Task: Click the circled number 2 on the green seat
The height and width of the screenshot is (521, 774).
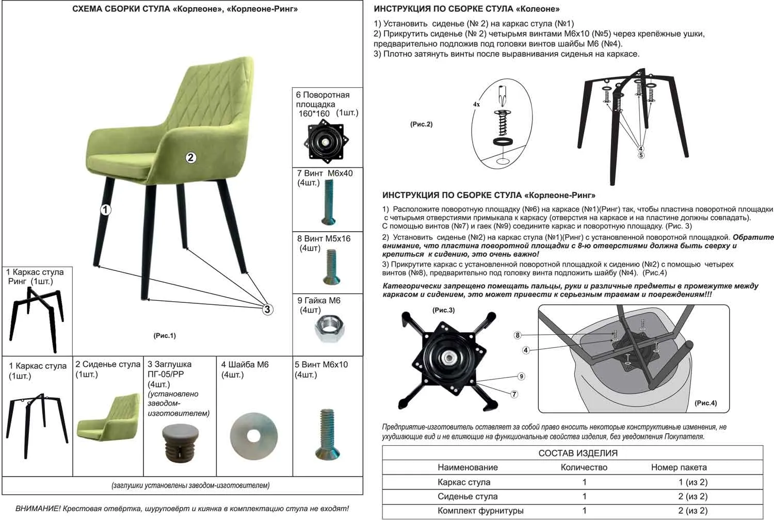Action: click(x=191, y=157)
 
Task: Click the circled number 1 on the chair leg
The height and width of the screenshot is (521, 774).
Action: click(x=105, y=209)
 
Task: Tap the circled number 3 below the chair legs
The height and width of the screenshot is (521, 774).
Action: click(x=267, y=310)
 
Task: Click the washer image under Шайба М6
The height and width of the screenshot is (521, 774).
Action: click(x=253, y=435)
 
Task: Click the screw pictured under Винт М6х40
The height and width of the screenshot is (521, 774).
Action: click(x=329, y=202)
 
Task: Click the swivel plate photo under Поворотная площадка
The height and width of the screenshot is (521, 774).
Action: click(x=325, y=140)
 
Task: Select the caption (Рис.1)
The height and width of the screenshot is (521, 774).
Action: click(x=165, y=336)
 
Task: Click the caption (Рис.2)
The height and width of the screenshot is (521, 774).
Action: click(x=421, y=124)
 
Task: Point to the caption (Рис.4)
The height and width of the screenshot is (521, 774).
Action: click(x=705, y=403)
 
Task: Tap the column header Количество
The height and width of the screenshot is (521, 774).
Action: click(x=584, y=467)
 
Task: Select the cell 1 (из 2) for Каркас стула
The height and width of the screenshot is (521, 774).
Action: click(x=692, y=482)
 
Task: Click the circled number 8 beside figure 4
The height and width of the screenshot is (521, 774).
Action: click(x=518, y=335)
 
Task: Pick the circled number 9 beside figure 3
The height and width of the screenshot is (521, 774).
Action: click(x=521, y=377)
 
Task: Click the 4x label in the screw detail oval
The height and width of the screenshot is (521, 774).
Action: click(x=476, y=104)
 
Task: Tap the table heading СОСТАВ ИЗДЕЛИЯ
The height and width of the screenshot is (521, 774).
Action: click(x=578, y=453)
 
